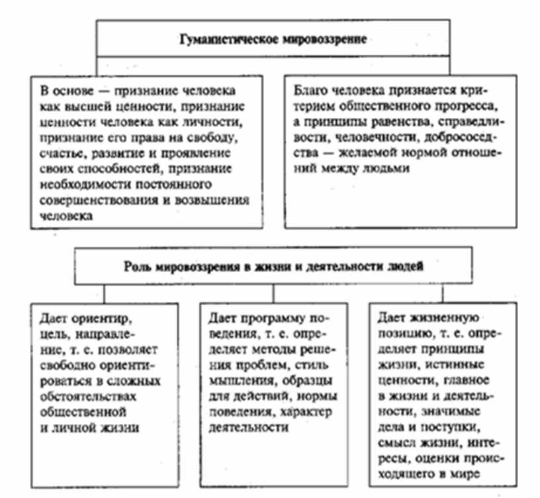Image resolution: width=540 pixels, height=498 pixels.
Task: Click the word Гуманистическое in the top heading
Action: point(219,39)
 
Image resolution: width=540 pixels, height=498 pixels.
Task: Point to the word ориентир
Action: point(99,317)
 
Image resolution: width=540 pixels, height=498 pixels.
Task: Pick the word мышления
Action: point(235,380)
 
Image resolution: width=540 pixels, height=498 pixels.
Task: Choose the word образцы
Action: point(316,380)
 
